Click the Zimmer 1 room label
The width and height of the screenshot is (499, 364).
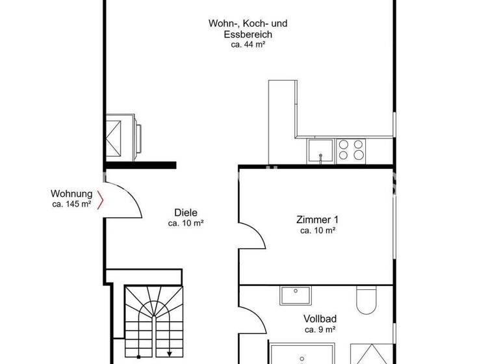(x=317, y=220)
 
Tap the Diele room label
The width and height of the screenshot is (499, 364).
(x=186, y=212)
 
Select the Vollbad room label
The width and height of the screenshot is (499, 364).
(x=319, y=319)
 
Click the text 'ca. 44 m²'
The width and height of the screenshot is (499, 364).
(x=248, y=45)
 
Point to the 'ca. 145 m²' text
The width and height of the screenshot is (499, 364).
(x=71, y=204)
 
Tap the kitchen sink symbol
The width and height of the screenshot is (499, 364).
(x=320, y=151)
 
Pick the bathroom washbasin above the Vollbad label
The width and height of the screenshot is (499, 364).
(x=298, y=295)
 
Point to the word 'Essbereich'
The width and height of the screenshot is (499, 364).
(x=248, y=34)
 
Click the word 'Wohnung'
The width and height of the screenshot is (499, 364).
(x=71, y=194)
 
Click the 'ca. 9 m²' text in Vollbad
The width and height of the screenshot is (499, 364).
(x=319, y=330)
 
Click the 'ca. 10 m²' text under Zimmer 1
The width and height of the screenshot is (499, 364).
(x=317, y=230)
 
